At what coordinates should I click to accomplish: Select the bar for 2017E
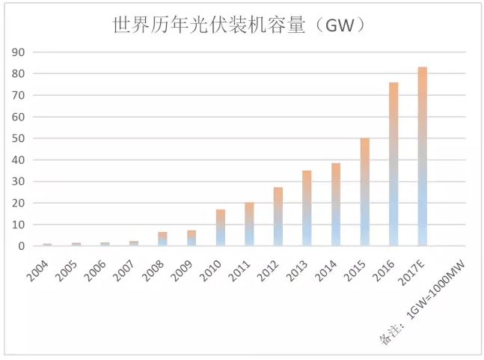423,156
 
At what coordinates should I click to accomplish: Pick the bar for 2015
364,192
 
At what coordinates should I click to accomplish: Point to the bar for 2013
307,208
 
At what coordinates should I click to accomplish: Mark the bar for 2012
278,216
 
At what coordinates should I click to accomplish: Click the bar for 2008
162,239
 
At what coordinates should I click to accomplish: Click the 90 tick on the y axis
19,52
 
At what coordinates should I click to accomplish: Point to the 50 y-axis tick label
19,138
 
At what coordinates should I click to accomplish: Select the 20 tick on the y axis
19,203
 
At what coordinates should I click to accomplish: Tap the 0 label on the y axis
22,246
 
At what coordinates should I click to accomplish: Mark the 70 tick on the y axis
19,96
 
